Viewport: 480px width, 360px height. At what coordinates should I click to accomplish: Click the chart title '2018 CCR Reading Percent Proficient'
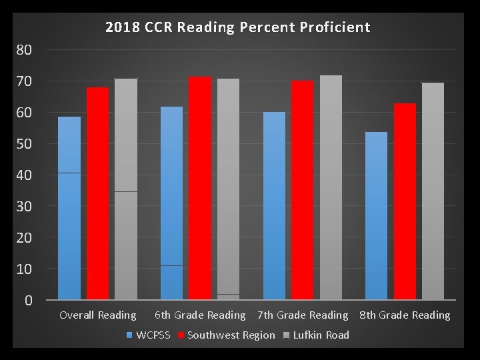pos(237,27)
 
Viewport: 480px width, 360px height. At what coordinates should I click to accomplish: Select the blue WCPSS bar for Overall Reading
pos(69,208)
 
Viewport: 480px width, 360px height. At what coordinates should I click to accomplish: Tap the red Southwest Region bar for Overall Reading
pos(97,193)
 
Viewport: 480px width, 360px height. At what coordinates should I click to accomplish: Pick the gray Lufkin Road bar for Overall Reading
pos(126,189)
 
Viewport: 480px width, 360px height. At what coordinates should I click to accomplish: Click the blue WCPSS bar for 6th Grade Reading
pos(171,203)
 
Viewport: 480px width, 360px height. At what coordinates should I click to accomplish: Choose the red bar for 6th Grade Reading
pos(199,188)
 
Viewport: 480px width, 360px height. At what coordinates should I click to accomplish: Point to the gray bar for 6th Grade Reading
pos(228,189)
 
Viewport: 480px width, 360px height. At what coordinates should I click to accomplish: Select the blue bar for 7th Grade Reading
pos(274,206)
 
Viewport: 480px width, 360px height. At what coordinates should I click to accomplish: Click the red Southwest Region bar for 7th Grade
pos(302,190)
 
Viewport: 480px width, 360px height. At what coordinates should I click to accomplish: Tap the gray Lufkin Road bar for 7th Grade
pos(331,187)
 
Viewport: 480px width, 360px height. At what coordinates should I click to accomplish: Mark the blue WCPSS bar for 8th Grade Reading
pos(376,216)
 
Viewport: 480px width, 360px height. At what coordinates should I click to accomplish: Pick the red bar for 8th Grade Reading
pos(405,201)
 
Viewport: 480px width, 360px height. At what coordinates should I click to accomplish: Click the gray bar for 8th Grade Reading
pos(433,191)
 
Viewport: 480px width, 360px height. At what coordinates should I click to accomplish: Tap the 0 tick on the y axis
pos(29,300)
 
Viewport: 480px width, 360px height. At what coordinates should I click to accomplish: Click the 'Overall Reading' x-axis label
pos(98,315)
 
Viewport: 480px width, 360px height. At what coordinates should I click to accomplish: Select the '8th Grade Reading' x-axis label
pos(405,315)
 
